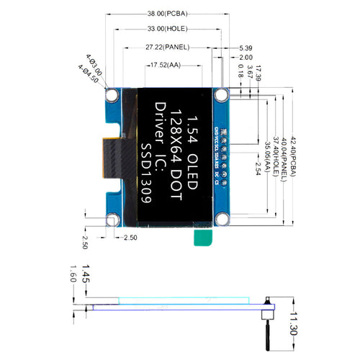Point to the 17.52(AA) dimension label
tap(163, 66)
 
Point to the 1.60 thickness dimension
tap(73, 276)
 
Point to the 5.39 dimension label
tap(246, 48)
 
